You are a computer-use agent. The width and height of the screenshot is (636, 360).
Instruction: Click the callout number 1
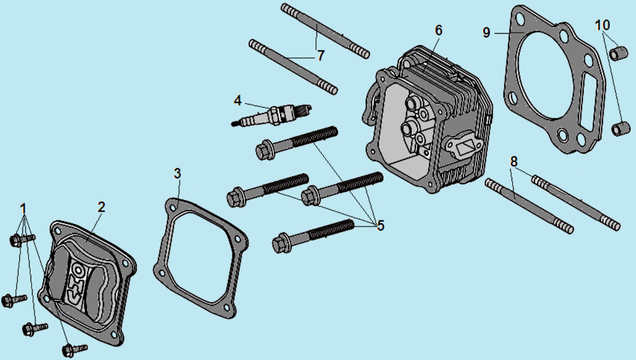23,209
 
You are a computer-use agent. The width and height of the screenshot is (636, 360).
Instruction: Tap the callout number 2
101,207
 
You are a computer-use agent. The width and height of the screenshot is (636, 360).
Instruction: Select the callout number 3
177,173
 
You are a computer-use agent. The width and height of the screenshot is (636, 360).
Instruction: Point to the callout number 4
237,100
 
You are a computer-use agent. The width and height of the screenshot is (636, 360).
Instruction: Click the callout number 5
381,225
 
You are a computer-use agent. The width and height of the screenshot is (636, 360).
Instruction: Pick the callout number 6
439,30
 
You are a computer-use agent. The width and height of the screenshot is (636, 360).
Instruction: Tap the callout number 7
321,56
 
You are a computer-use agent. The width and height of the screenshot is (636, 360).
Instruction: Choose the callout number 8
514,162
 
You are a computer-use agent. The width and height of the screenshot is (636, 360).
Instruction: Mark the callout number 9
486,33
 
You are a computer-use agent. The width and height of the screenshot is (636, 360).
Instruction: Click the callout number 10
602,25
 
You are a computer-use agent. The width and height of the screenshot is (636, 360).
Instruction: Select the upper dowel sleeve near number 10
619,53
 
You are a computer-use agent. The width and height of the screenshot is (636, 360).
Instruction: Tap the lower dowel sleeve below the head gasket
620,128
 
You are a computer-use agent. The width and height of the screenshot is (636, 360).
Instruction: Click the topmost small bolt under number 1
22,240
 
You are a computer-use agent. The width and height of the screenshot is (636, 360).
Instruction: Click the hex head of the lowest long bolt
281,243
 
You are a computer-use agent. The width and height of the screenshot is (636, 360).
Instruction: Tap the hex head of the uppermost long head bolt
264,149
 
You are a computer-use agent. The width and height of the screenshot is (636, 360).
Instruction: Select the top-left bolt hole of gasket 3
172,208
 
